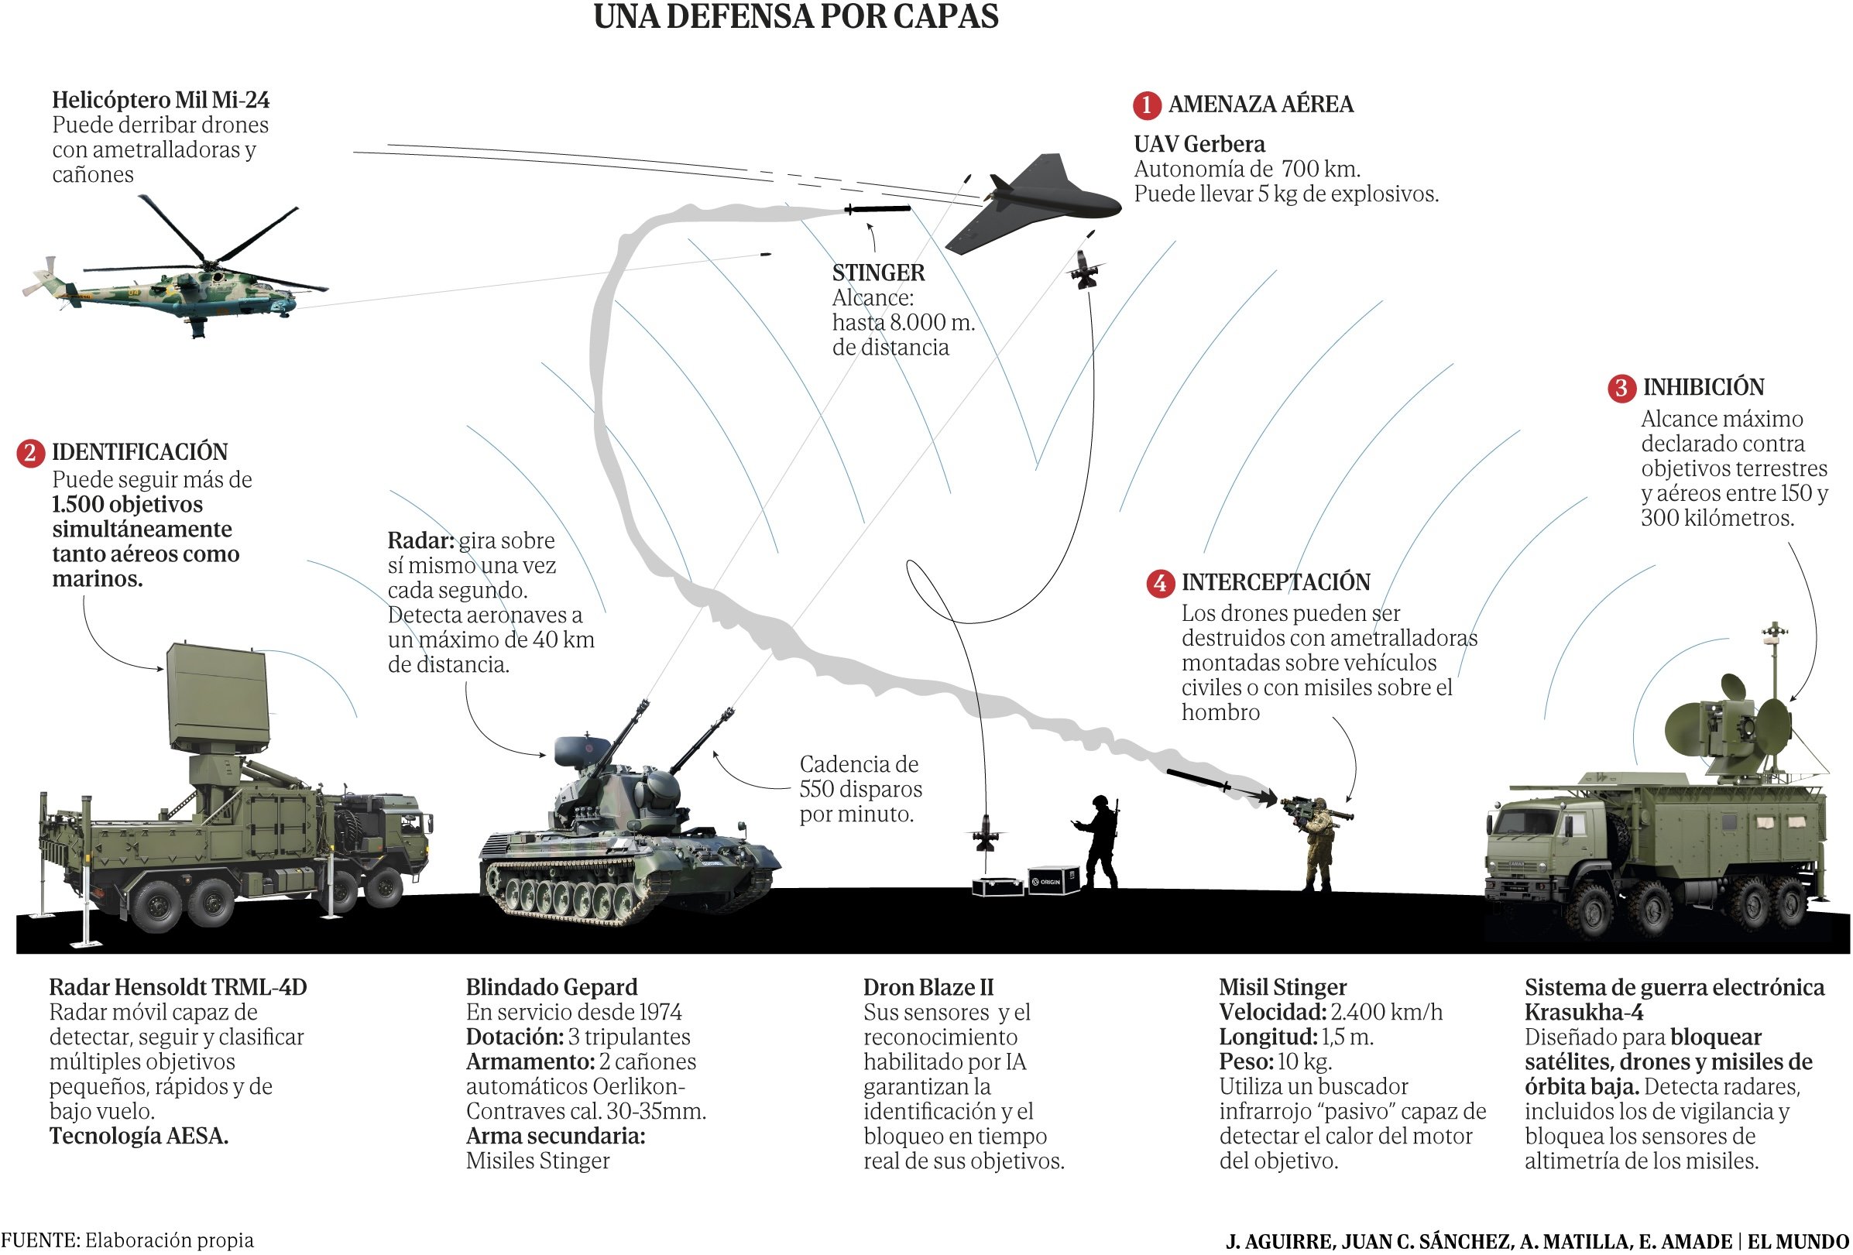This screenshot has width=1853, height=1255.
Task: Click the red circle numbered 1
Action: [1146, 105]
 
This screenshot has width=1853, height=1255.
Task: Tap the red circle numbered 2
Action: [30, 453]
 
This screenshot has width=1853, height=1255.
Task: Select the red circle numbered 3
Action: [1621, 389]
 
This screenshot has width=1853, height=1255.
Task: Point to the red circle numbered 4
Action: [1159, 583]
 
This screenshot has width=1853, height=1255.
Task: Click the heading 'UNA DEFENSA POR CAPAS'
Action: [796, 16]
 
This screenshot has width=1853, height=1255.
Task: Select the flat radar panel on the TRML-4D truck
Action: [217, 698]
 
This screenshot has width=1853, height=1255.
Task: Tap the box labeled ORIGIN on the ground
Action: [1052, 880]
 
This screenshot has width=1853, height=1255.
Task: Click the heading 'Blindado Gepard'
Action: [551, 987]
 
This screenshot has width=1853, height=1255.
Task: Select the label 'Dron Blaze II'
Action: [928, 987]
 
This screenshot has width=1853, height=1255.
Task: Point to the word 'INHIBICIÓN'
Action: [1703, 388]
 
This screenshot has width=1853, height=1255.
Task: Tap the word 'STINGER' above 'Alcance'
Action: [878, 273]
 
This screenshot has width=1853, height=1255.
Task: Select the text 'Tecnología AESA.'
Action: [139, 1136]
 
